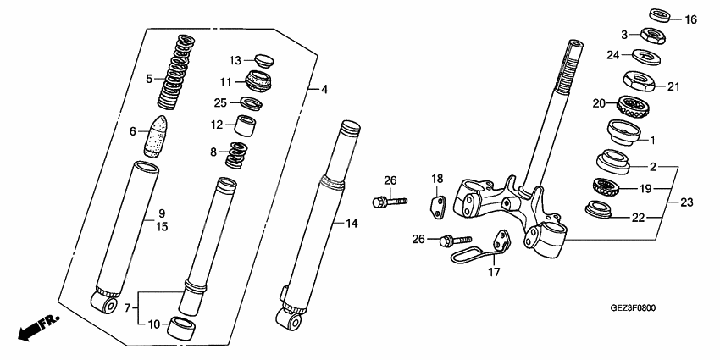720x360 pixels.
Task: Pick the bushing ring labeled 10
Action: [x=185, y=328]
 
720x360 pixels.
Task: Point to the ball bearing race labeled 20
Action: [x=629, y=108]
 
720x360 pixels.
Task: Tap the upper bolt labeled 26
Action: [x=386, y=202]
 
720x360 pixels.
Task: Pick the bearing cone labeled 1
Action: [x=623, y=133]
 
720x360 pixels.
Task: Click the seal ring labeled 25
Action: [x=249, y=103]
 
